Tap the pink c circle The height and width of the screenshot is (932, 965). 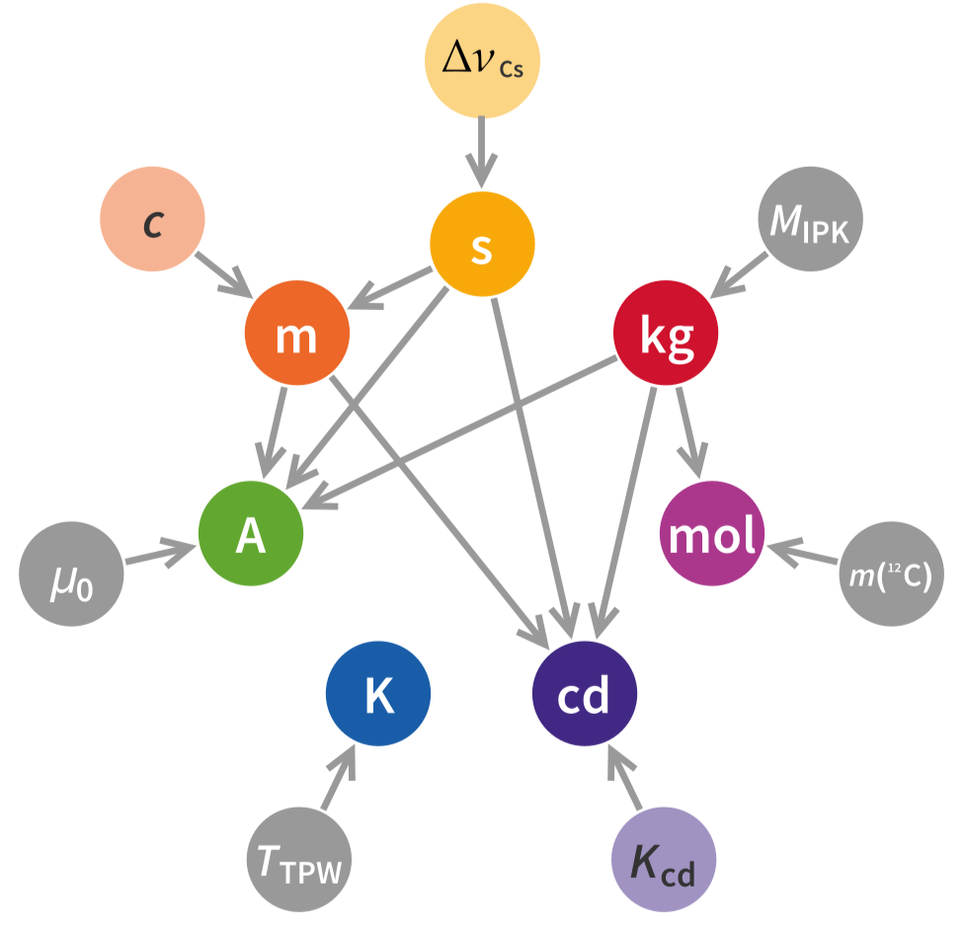pyautogui.click(x=153, y=219)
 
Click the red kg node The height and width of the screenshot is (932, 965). pyautogui.click(x=666, y=335)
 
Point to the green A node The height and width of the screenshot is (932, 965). pyautogui.click(x=250, y=534)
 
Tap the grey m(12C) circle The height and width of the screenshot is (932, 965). pyautogui.click(x=891, y=574)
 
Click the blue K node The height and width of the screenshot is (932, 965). pyautogui.click(x=378, y=694)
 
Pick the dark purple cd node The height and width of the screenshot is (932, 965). pyautogui.click(x=584, y=694)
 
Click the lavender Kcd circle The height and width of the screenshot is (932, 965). pyautogui.click(x=664, y=859)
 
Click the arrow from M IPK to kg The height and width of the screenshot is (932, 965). pyautogui.click(x=742, y=273)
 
